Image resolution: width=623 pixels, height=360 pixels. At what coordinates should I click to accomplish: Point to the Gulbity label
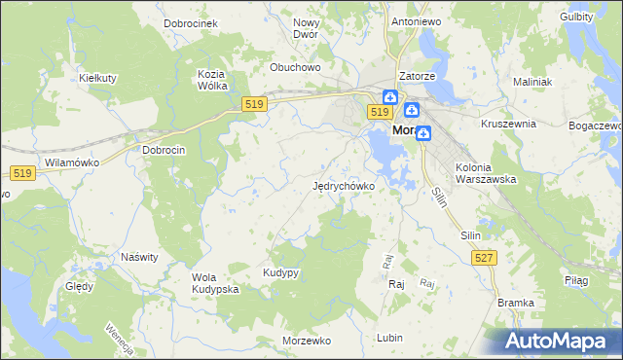[578, 18]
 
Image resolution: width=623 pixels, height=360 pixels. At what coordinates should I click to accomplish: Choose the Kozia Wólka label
[211, 80]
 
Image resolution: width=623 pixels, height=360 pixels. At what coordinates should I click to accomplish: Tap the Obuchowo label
[295, 67]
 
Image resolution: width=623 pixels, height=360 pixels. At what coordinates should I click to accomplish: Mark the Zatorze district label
[417, 76]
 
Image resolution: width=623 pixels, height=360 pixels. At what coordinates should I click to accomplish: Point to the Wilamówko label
[67, 162]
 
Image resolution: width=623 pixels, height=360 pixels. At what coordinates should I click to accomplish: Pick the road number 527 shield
[483, 257]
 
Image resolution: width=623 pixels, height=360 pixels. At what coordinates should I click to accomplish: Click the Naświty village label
[138, 257]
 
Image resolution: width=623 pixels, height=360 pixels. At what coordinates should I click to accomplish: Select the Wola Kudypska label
[215, 283]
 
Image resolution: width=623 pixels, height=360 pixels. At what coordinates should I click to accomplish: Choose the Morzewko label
[307, 341]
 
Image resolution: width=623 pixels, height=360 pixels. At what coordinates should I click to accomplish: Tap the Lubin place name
[388, 338]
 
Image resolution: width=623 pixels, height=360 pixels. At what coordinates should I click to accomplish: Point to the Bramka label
[516, 303]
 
